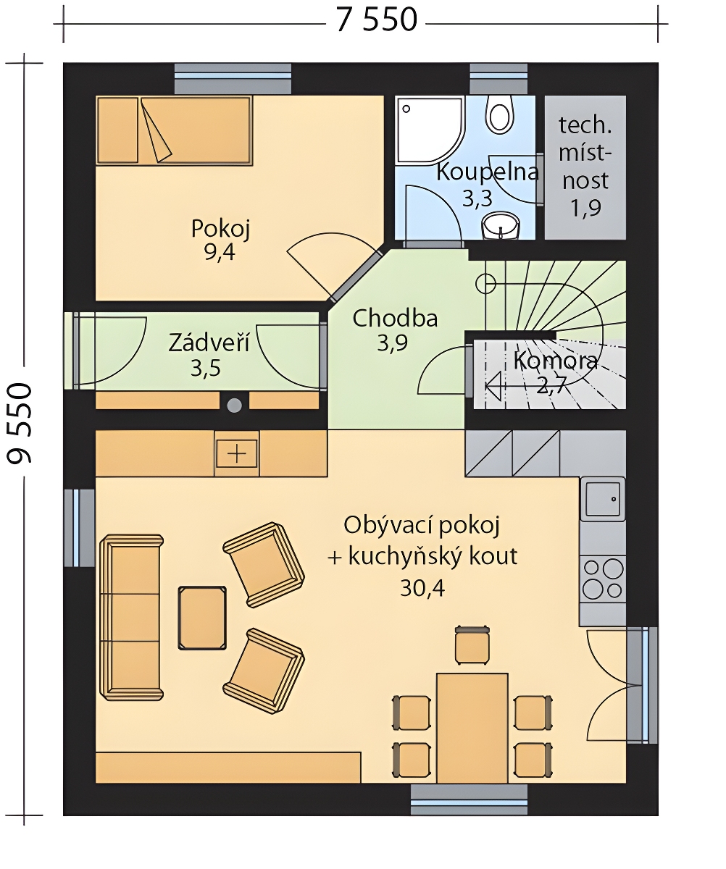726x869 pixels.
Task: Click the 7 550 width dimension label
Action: tap(376, 20)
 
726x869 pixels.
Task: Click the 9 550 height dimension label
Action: tap(20, 423)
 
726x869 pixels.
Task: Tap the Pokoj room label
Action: tap(220, 229)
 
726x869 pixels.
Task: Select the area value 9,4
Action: tap(220, 252)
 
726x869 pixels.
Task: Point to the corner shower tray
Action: tap(429, 130)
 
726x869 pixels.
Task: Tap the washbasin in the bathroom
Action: tap(501, 225)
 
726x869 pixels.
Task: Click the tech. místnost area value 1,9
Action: tap(585, 208)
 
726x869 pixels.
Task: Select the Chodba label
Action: tap(395, 319)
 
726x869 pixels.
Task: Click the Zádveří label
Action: tap(209, 343)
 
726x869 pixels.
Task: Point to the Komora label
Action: tap(556, 361)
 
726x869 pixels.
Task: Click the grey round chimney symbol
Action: tap(234, 405)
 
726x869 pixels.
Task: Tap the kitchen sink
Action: tap(602, 499)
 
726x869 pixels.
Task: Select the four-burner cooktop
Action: tap(602, 579)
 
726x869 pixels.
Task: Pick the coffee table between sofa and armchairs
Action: tap(202, 618)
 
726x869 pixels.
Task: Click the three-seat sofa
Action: tap(132, 618)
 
